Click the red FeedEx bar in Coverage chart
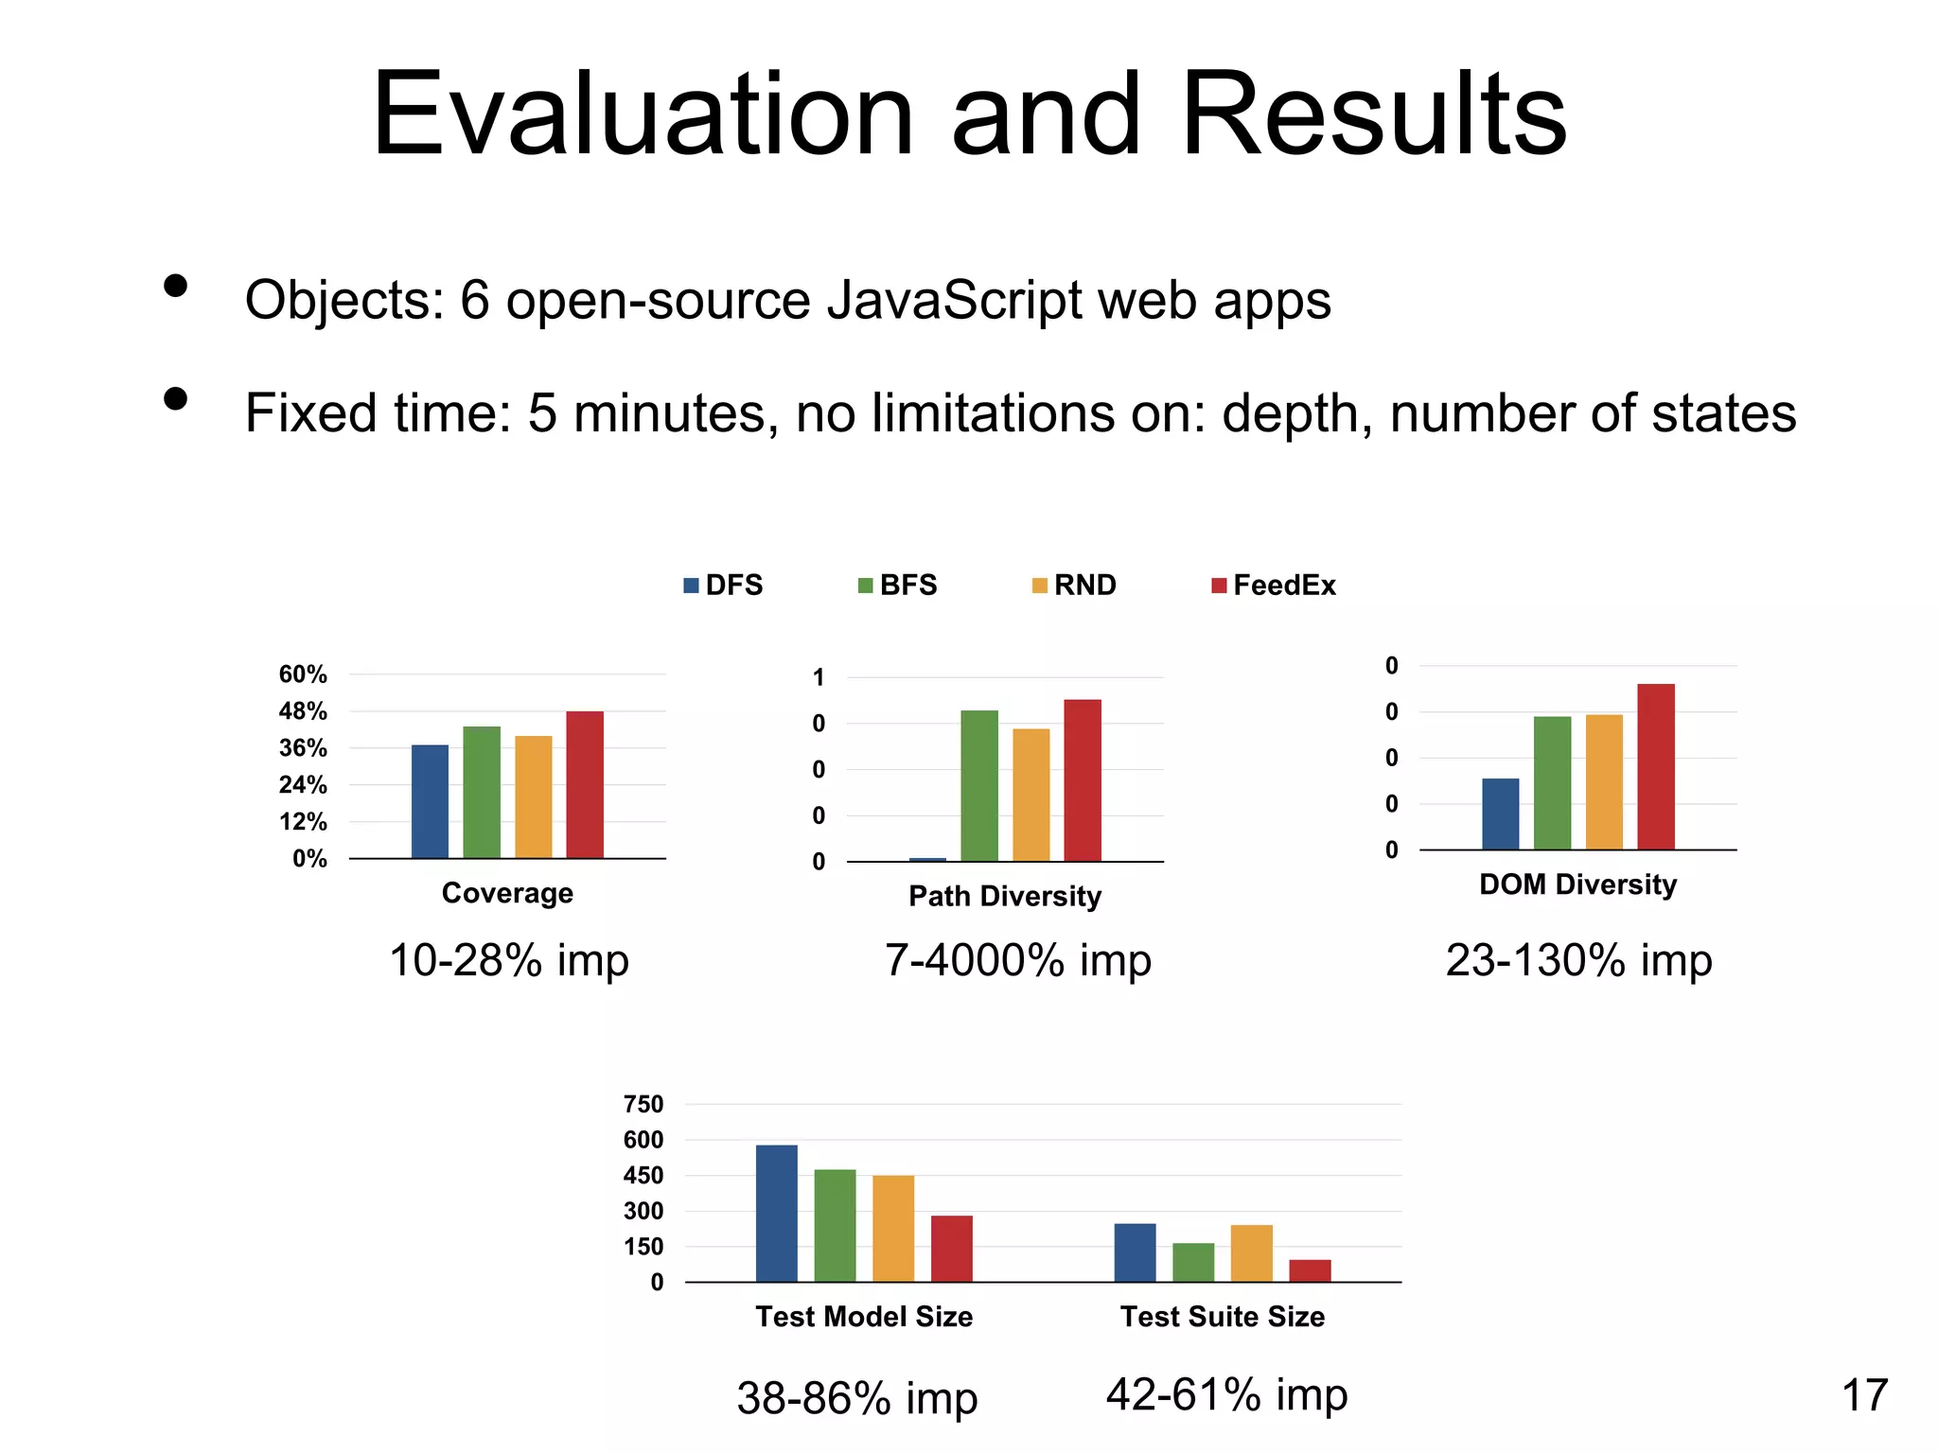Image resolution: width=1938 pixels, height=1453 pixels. (x=585, y=784)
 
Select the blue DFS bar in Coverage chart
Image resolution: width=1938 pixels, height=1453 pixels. (x=430, y=801)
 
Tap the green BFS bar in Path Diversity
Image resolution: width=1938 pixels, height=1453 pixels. (x=979, y=785)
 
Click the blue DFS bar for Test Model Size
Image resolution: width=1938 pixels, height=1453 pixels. (x=776, y=1213)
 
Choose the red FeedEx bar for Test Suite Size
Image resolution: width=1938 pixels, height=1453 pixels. (x=1310, y=1270)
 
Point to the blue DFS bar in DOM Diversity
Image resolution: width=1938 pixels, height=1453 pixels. (x=1500, y=814)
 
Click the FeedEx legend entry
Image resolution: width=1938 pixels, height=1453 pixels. (x=1274, y=586)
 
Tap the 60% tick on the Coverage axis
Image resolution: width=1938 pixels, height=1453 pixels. (x=303, y=674)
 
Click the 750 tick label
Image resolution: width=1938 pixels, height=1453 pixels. (x=643, y=1104)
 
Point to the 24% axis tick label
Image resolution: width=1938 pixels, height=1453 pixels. (x=303, y=785)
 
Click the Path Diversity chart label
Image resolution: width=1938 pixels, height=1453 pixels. (x=1005, y=896)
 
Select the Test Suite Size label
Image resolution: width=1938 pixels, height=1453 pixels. (x=1223, y=1317)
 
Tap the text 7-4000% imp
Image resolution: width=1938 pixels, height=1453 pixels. (x=1018, y=960)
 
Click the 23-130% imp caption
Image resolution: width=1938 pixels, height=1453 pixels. (x=1578, y=960)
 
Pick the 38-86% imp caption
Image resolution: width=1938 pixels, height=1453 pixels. (x=856, y=1398)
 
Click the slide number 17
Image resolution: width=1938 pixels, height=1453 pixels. (x=1864, y=1395)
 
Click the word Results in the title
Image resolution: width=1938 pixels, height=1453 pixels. (x=1374, y=115)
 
